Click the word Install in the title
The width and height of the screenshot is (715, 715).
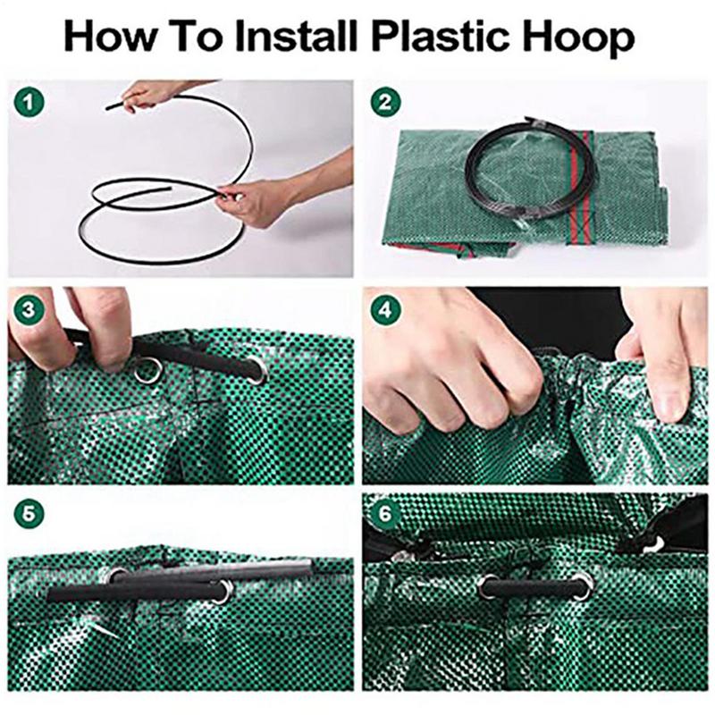click(295, 37)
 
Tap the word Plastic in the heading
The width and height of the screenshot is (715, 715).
click(442, 37)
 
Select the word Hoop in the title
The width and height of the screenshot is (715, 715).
click(578, 38)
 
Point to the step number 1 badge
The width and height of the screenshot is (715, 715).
click(29, 102)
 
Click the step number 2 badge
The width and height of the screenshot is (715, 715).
click(385, 102)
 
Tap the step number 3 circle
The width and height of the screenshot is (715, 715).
click(29, 309)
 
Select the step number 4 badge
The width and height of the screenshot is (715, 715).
click(385, 310)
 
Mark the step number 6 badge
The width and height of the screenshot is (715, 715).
click(385, 513)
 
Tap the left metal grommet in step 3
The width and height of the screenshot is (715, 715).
click(147, 370)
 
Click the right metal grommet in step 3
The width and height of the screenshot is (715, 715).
click(258, 371)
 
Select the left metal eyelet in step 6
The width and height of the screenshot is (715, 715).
click(489, 587)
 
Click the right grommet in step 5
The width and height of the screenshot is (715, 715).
click(224, 592)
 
